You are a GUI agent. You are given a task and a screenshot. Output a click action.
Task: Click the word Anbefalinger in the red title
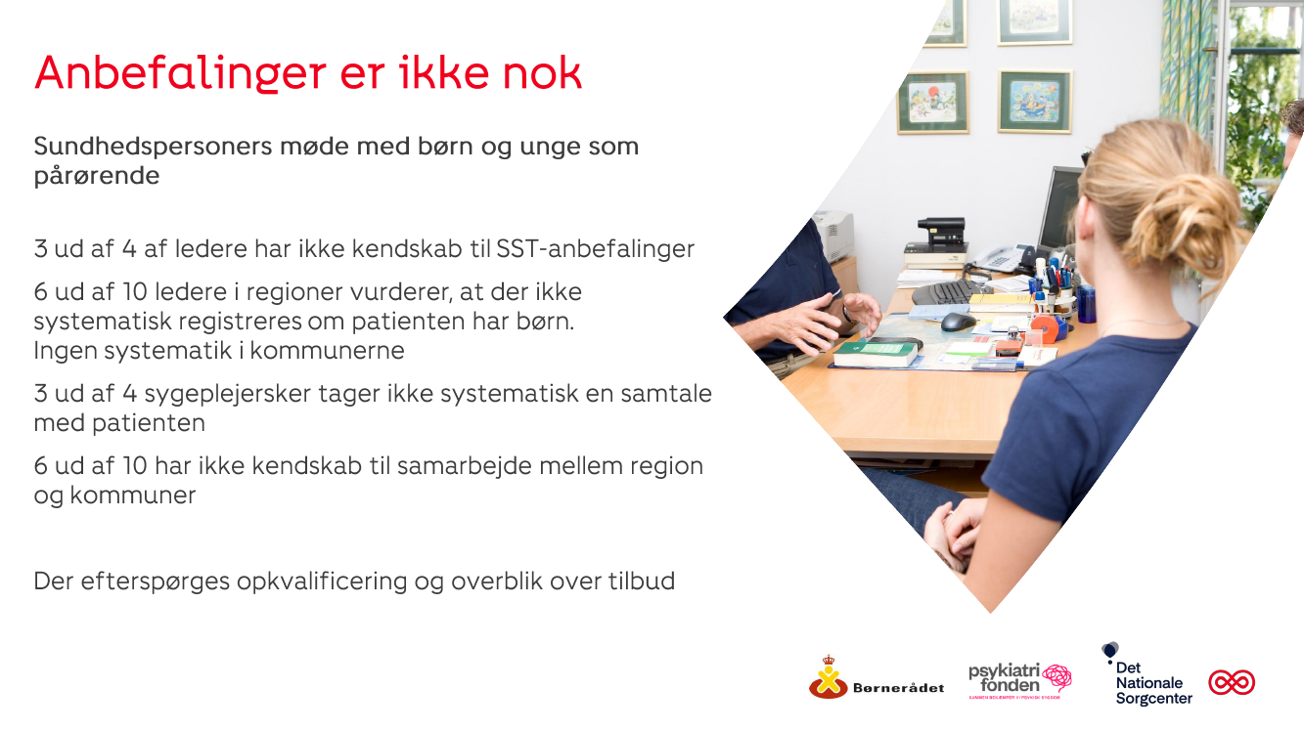(x=180, y=74)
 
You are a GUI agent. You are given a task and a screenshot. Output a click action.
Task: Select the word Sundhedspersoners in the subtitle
(x=153, y=146)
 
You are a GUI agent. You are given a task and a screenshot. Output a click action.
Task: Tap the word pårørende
(x=97, y=176)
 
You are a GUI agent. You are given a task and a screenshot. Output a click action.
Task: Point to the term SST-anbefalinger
(x=595, y=248)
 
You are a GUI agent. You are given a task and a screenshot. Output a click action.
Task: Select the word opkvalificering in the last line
(x=322, y=582)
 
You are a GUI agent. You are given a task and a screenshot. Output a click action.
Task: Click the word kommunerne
(x=327, y=350)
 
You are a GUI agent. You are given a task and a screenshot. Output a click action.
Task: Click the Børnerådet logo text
(x=898, y=688)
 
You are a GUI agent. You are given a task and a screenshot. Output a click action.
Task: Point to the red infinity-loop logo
(x=1232, y=682)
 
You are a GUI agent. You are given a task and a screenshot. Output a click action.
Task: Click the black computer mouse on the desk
(x=958, y=322)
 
